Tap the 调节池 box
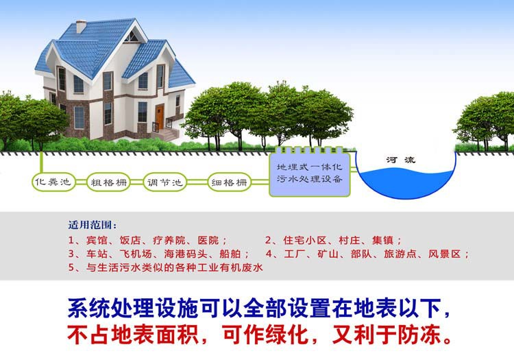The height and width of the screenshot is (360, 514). pos(165,183)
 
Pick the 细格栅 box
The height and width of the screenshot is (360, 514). pos(229,183)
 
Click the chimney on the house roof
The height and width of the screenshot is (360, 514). pos(81,26)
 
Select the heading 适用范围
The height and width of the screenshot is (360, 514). pos(92,226)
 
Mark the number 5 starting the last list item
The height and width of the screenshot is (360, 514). pos(71,268)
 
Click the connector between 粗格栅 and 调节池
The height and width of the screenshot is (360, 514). pos(137,183)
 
